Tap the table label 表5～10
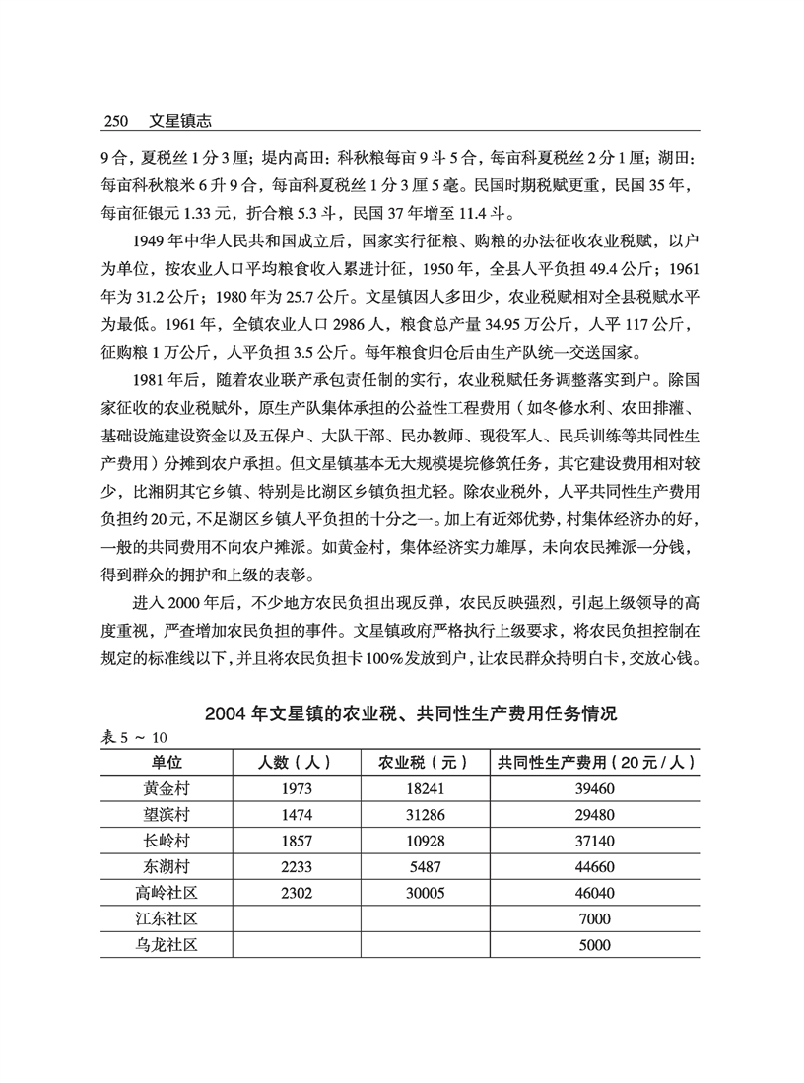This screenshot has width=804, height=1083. coord(135,737)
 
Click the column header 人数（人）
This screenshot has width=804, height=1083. coord(293,762)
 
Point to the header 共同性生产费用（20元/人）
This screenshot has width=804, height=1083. coord(597,762)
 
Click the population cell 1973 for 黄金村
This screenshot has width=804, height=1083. coord(294,788)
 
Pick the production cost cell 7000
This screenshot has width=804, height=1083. coord(597,919)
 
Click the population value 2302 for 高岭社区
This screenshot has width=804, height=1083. coord(294,894)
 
